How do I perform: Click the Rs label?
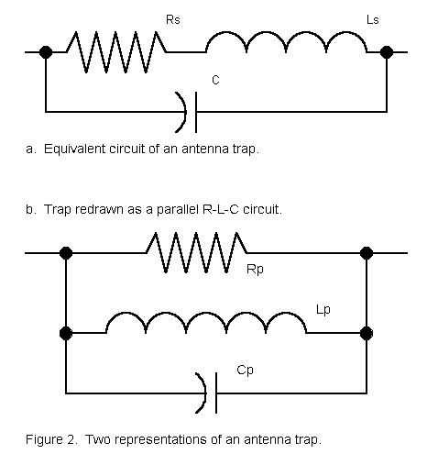point(173,20)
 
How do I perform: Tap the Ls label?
point(373,20)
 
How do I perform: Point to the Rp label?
point(255,270)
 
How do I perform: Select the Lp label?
point(323,310)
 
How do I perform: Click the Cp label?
point(245,371)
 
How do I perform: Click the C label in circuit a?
point(215,80)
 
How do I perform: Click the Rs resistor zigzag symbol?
point(116,52)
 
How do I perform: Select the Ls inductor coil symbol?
point(286,42)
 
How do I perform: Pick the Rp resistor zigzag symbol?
point(197,252)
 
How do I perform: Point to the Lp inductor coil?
point(206,323)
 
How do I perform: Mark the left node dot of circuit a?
point(46,52)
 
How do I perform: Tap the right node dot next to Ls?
point(387,52)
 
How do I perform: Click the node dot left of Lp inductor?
point(66,333)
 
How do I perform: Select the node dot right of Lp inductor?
point(367,333)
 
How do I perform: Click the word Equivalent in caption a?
point(74,149)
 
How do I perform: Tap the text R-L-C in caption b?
point(220,209)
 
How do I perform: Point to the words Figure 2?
point(51,439)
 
